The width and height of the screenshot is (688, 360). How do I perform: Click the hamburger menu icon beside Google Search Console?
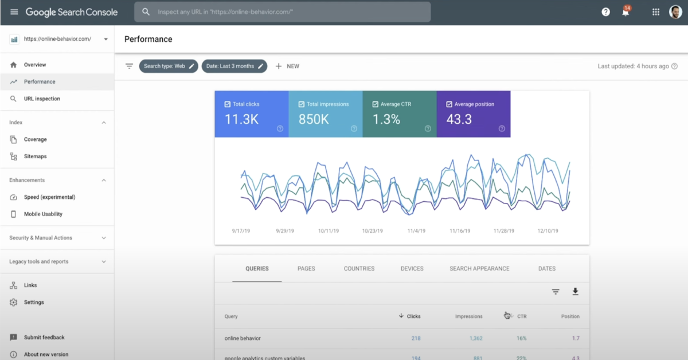click(x=14, y=12)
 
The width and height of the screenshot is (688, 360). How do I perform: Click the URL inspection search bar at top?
click(x=282, y=12)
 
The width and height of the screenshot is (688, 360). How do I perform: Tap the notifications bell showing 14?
click(x=626, y=12)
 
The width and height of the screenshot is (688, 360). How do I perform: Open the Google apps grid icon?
click(x=656, y=12)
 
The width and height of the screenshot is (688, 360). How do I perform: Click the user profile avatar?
click(x=675, y=12)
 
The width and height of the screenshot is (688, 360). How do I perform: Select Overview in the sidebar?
click(x=35, y=65)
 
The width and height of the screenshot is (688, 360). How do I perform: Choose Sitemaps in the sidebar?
click(x=35, y=156)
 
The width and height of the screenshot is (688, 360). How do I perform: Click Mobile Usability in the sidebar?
click(x=43, y=214)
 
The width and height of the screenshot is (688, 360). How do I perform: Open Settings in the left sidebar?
click(x=34, y=302)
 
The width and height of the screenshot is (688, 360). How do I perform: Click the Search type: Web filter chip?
click(x=169, y=66)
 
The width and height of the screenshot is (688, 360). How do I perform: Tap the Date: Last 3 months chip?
click(x=234, y=66)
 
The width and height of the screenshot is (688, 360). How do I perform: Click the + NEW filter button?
click(x=287, y=66)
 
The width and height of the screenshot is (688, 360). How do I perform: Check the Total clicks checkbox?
click(x=228, y=104)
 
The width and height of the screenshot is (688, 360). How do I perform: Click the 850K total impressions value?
click(x=314, y=120)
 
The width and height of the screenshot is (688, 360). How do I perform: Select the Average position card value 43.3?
click(x=459, y=120)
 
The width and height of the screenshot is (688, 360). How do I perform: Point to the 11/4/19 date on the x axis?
click(x=416, y=231)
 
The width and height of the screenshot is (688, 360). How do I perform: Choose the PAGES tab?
click(x=306, y=268)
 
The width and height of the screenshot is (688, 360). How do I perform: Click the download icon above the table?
click(x=575, y=292)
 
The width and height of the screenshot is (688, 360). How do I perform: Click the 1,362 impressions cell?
click(x=476, y=338)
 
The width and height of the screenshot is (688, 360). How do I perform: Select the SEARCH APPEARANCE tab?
click(x=479, y=268)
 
